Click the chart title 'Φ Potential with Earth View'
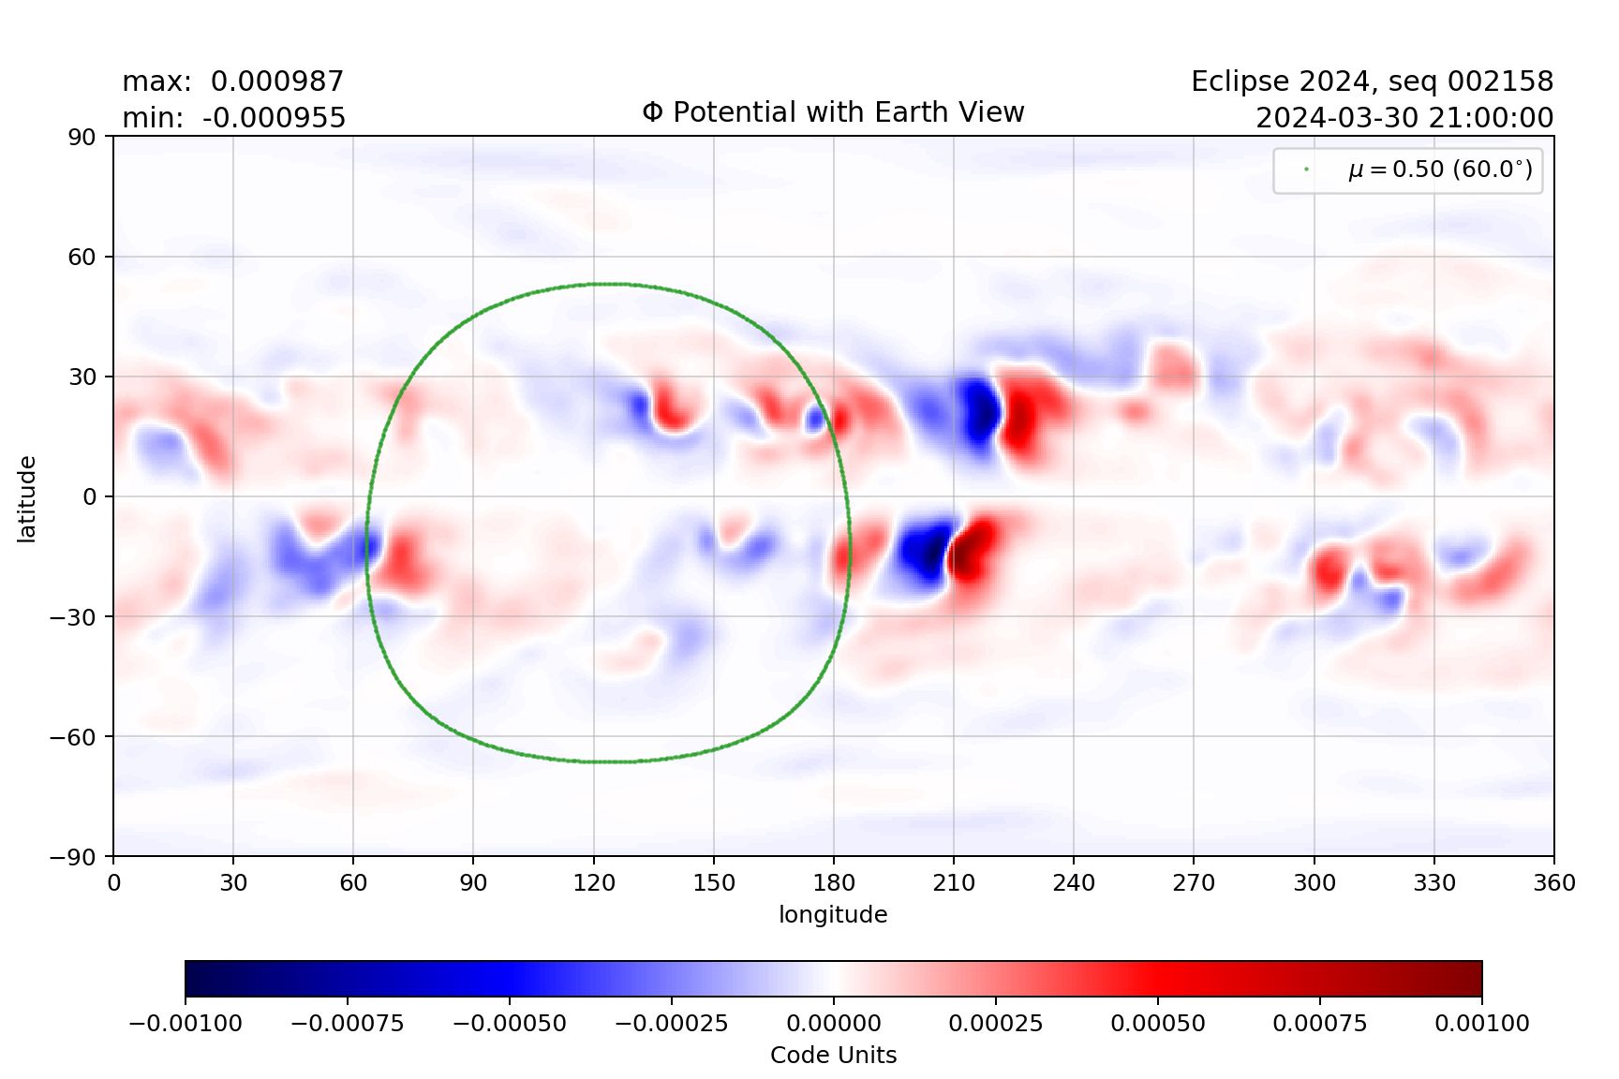pyautogui.click(x=833, y=112)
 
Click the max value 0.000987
pyautogui.click(x=276, y=81)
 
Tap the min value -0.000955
pyautogui.click(x=274, y=118)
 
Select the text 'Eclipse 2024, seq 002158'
pyautogui.click(x=1372, y=81)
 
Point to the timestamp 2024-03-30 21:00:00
pyautogui.click(x=1404, y=118)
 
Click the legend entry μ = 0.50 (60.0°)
pyautogui.click(x=1439, y=170)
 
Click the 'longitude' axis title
pyautogui.click(x=833, y=914)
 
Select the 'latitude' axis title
pyautogui.click(x=27, y=498)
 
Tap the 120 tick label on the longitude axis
pyautogui.click(x=593, y=882)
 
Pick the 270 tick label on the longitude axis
pyautogui.click(x=1194, y=882)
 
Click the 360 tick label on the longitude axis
pyautogui.click(x=1553, y=882)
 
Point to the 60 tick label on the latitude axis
pyautogui.click(x=82, y=257)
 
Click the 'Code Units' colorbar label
pyautogui.click(x=833, y=1056)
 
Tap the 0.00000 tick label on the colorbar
pyautogui.click(x=833, y=1023)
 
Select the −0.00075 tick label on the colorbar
pyautogui.click(x=348, y=1023)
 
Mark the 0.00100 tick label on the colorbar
pyautogui.click(x=1481, y=1023)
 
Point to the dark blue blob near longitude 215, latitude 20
pyautogui.click(x=979, y=410)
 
